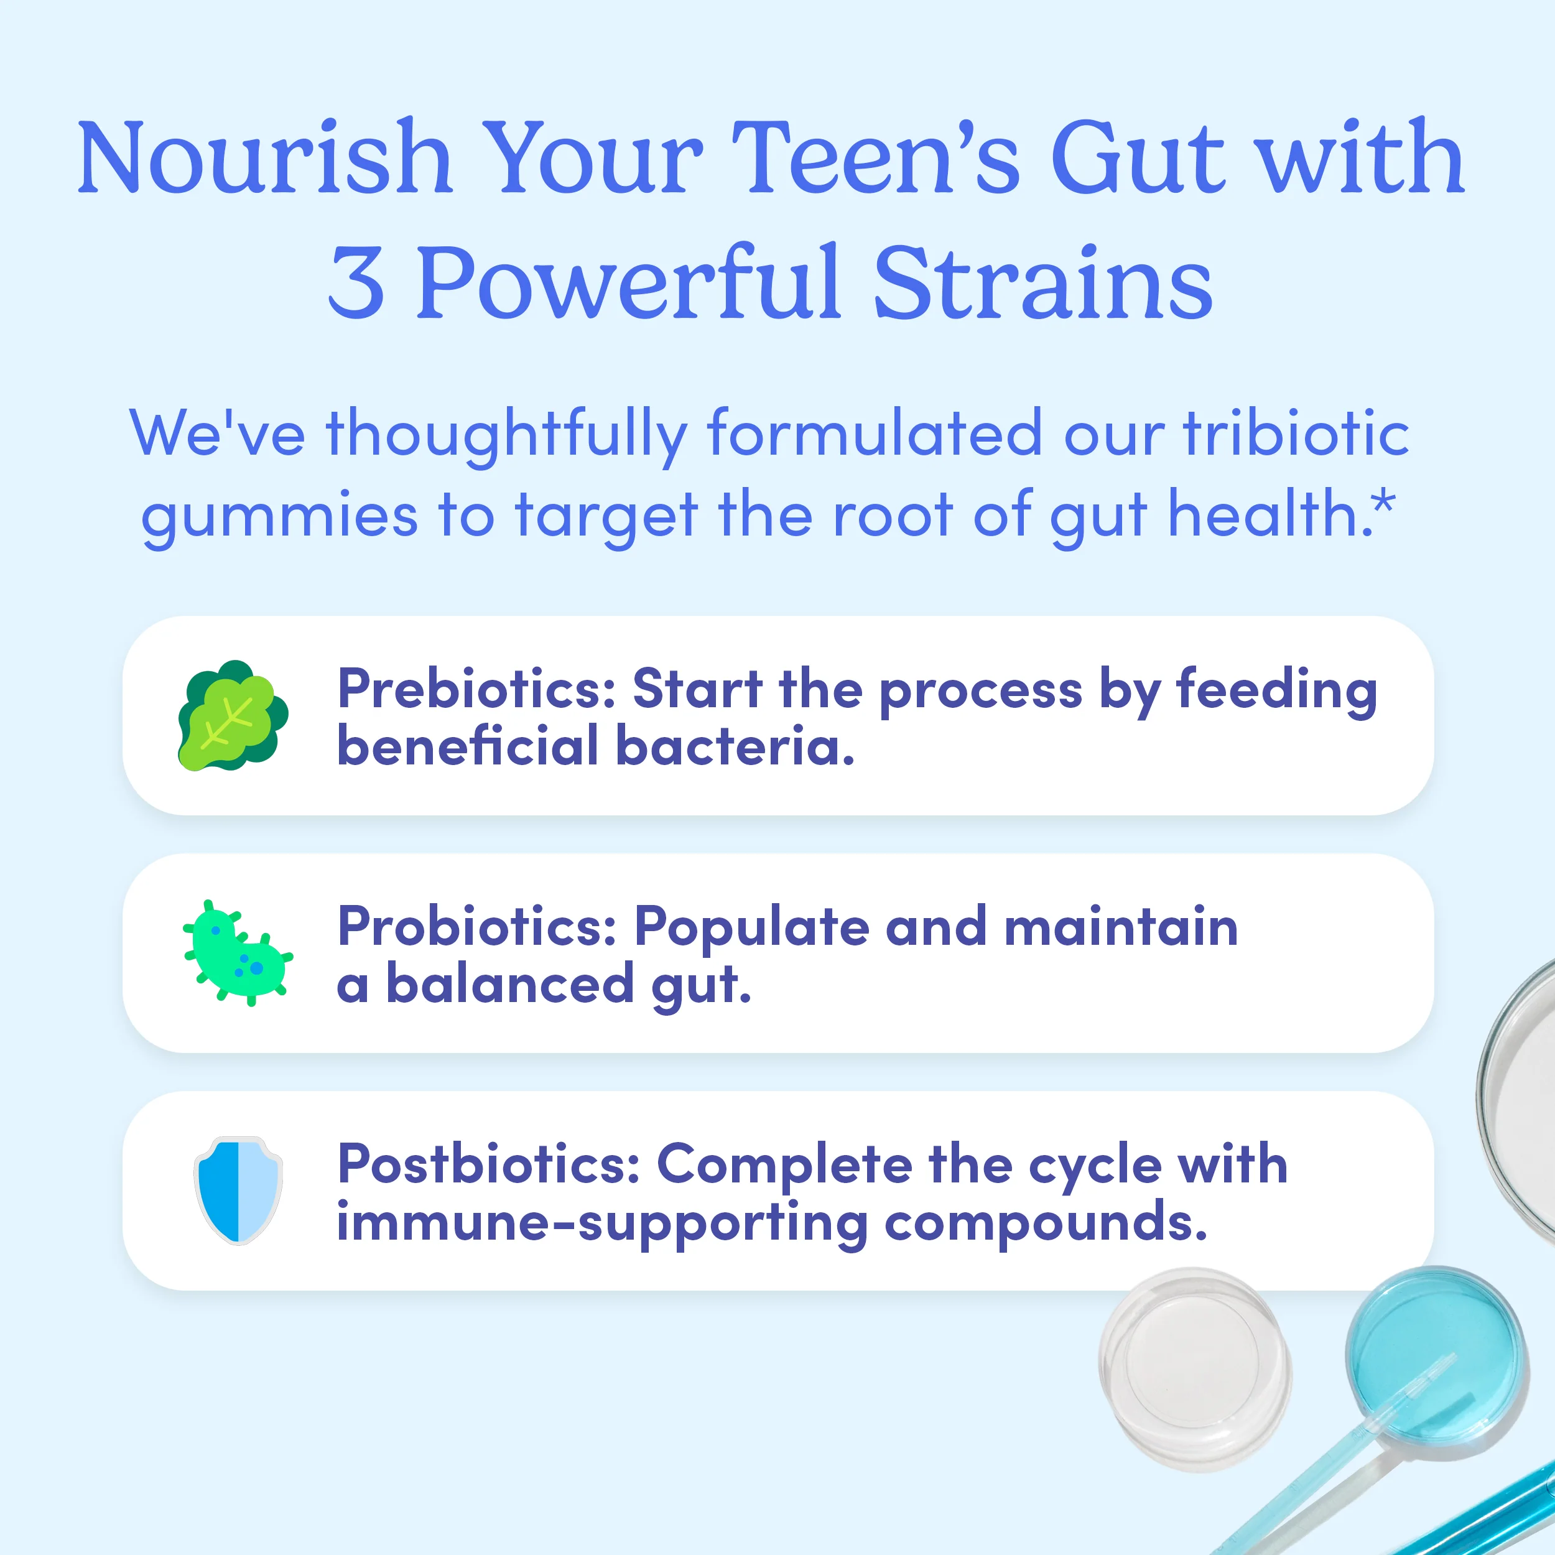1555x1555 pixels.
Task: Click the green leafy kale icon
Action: coord(233,715)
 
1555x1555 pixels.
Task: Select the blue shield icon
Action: coord(238,1191)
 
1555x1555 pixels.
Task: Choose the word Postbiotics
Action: coord(488,1164)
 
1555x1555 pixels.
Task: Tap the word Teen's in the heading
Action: coord(876,158)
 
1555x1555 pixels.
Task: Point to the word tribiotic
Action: coord(1296,434)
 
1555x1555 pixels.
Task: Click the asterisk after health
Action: coord(1385,504)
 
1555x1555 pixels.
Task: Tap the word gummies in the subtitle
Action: coord(279,516)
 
